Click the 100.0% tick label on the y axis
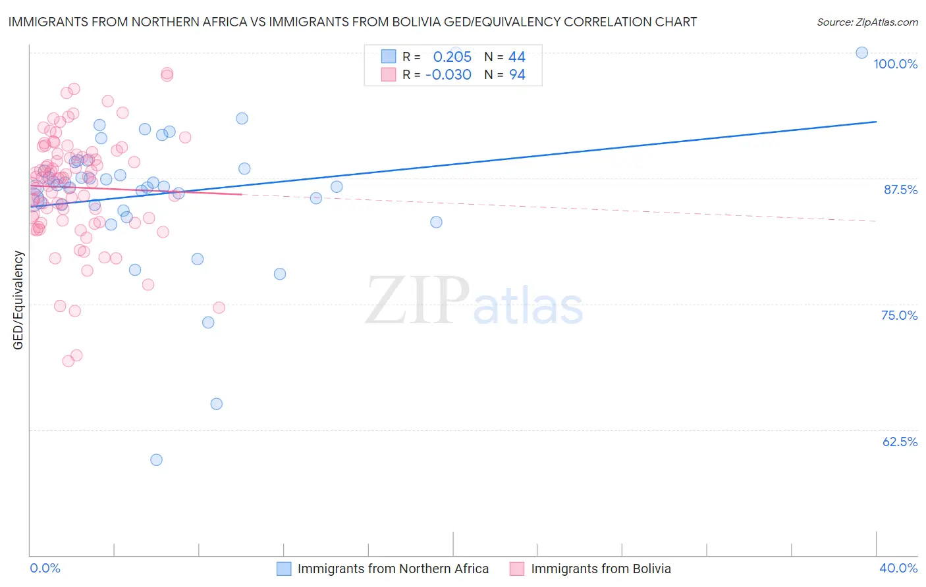coord(895,64)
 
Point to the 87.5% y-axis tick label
coord(900,190)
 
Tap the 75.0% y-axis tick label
coord(899,315)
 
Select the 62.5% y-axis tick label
coord(900,442)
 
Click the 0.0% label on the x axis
coord(45,568)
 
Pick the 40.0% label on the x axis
coord(898,568)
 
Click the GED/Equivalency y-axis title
coord(18,300)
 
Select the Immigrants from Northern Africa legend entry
coord(393,569)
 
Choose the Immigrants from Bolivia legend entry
coord(601,569)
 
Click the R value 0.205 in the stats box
coord(452,57)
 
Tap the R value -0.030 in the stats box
coord(449,75)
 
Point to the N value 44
coord(517,57)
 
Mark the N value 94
coord(517,75)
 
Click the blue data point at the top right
coord(861,53)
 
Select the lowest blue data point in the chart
coord(156,460)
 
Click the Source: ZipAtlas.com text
coord(867,22)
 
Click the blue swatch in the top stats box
coord(389,57)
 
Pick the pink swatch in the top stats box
coord(389,75)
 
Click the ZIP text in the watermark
coord(418,301)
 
